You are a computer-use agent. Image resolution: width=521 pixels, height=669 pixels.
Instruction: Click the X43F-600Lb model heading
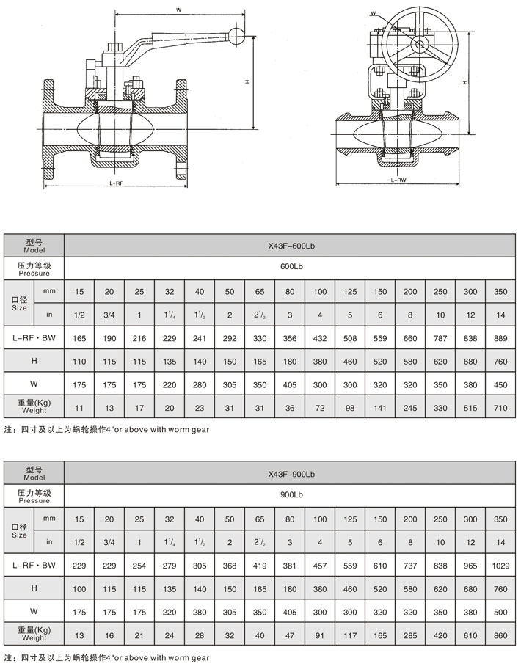291,245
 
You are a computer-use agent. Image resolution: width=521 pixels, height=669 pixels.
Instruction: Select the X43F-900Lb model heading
291,473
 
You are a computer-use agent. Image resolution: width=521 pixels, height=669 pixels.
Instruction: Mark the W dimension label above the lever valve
179,10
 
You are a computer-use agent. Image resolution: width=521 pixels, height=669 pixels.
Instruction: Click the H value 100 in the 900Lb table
79,588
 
